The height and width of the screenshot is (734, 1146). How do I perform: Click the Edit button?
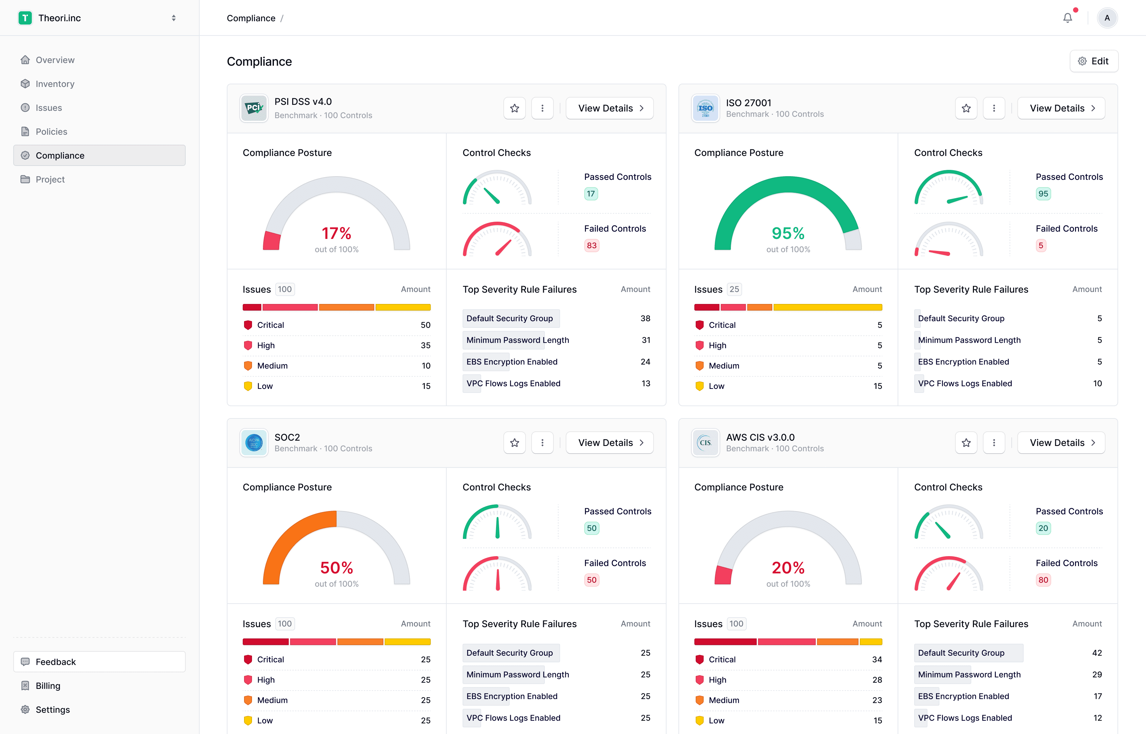click(x=1094, y=61)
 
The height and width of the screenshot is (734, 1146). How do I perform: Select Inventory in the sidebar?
click(x=55, y=84)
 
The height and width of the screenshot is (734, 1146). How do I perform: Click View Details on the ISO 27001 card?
click(x=1061, y=108)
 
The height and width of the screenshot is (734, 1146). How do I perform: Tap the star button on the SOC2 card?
click(x=514, y=443)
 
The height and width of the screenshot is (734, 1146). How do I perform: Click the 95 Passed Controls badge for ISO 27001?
click(x=1043, y=193)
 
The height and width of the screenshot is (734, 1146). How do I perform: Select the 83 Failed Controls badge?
click(x=592, y=246)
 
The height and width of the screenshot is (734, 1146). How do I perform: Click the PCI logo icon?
click(x=254, y=108)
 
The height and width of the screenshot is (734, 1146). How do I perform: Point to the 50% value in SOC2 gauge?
click(x=336, y=568)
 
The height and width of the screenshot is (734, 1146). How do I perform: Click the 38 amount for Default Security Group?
click(x=645, y=318)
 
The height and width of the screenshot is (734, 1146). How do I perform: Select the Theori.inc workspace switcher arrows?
click(x=174, y=18)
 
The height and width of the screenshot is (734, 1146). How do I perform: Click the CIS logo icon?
click(x=705, y=443)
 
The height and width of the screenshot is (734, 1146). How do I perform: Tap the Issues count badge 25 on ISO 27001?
click(x=734, y=289)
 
